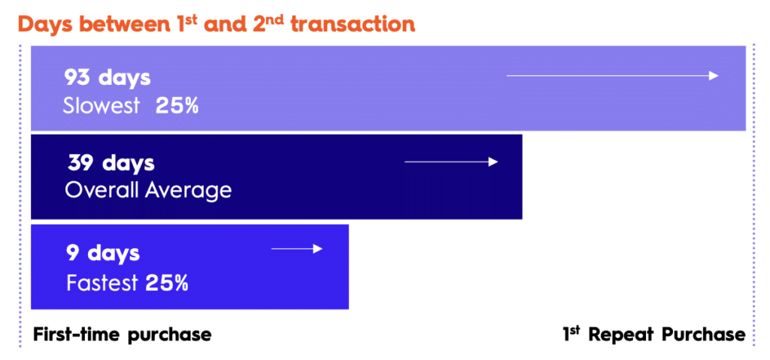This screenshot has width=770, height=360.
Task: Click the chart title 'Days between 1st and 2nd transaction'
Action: coord(217,24)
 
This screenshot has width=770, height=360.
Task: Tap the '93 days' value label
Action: coord(107,78)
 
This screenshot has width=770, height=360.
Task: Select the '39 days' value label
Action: coord(111,164)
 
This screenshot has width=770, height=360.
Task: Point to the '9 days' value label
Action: coord(103,253)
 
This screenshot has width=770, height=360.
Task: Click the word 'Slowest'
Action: coord(102,105)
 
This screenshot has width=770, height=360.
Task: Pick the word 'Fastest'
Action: coord(102,283)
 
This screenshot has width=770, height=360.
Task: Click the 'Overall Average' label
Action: coord(148,190)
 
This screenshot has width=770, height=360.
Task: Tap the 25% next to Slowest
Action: coord(177,106)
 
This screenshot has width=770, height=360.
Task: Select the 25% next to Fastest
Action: coord(167,283)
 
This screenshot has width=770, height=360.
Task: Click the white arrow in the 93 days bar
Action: coord(612,76)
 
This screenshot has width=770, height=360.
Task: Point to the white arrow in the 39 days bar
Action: coord(451,162)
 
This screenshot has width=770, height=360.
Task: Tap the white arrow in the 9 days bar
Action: coord(297,249)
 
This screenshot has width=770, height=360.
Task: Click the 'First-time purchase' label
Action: coord(123,335)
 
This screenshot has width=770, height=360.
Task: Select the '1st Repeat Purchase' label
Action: coord(654,334)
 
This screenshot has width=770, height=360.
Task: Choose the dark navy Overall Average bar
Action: coord(277,177)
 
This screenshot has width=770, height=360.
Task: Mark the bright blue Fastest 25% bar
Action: coord(189,267)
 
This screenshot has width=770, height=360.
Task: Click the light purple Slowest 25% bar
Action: coord(389,89)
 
